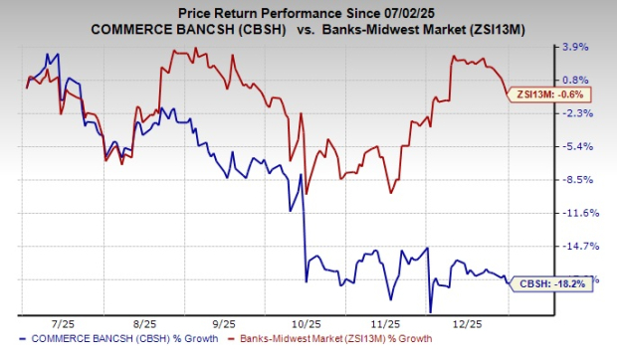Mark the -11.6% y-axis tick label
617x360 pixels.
[x=577, y=213]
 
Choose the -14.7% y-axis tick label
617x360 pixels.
[x=577, y=246]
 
